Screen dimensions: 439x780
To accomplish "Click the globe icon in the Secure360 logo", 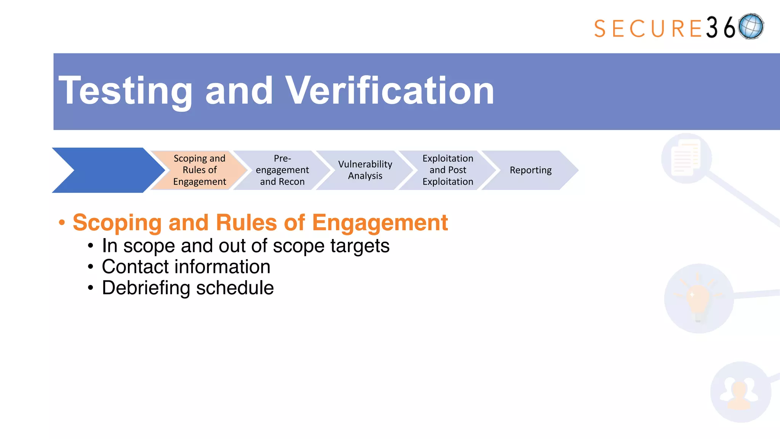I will (751, 26).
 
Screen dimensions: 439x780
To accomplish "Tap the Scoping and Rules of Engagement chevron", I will (200, 170).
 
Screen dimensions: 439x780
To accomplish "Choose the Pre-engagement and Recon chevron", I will (282, 170).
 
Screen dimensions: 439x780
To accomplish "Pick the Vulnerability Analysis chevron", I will (365, 170).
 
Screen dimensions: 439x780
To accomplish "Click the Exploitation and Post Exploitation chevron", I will (448, 170).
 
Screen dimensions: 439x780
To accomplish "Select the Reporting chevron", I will (531, 170).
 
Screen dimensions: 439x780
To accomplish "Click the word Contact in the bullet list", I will (135, 267).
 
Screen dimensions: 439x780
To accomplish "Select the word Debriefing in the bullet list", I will (146, 288).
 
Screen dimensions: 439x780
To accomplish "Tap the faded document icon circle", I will (686, 158).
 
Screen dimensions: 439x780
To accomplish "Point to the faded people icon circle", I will (740, 392).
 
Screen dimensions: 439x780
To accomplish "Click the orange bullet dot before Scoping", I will (62, 223).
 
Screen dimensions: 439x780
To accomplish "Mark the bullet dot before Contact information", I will (90, 267).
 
